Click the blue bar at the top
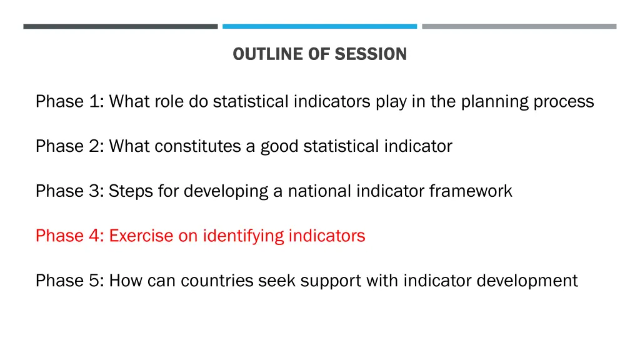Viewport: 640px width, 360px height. (x=319, y=26)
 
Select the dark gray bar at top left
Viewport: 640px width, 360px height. (x=121, y=26)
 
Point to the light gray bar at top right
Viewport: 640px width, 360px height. (x=519, y=26)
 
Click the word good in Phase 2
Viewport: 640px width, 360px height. (x=280, y=146)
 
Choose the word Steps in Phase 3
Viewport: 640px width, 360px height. (x=130, y=191)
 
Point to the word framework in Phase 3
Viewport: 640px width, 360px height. (x=471, y=191)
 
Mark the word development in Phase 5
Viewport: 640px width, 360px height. (x=527, y=281)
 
